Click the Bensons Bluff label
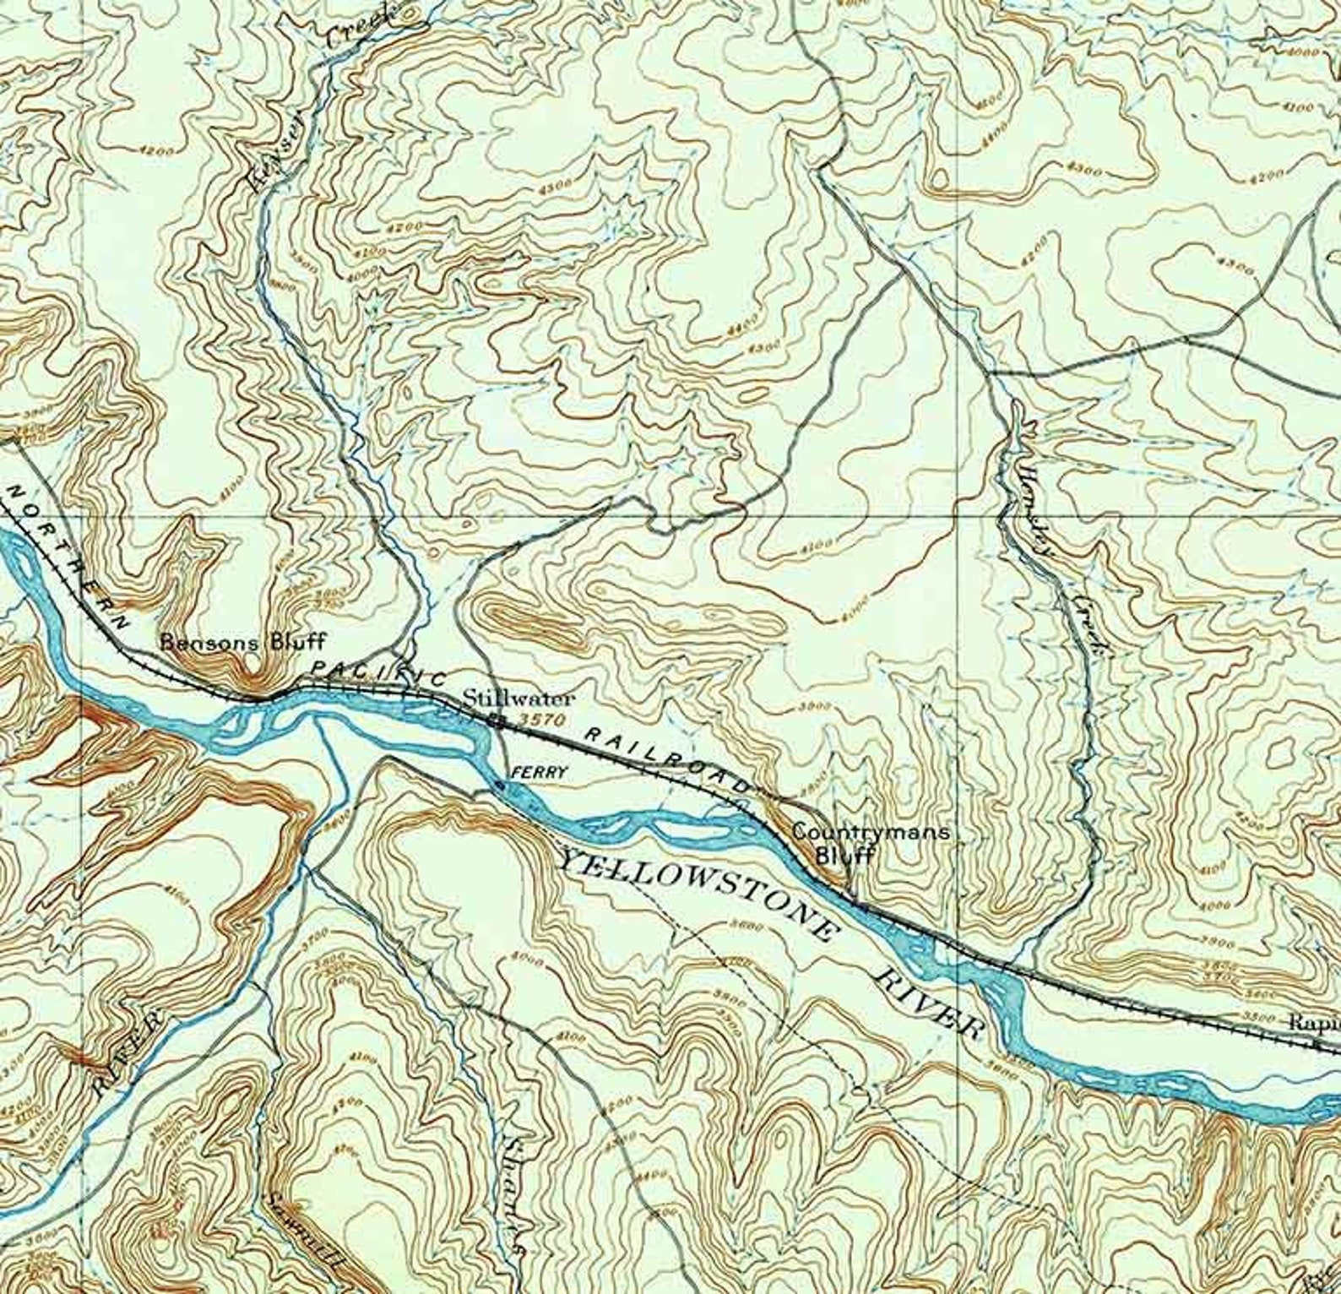[242, 641]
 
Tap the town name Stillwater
[518, 699]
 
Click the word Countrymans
[869, 832]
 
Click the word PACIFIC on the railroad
[377, 672]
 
